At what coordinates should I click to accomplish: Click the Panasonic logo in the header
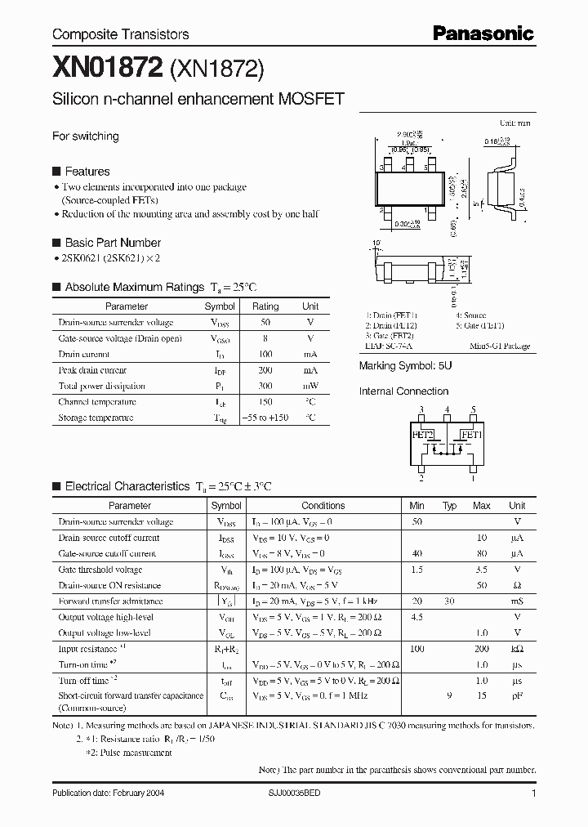coord(483,34)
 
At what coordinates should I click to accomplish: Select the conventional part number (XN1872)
coord(216,70)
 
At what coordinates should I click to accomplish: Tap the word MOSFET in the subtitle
coord(311,99)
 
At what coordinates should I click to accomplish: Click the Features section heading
coord(87,172)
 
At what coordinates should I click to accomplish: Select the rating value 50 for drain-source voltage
coord(265,323)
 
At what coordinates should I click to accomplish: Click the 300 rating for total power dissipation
coord(265,386)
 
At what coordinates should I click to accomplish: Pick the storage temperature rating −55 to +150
coord(265,418)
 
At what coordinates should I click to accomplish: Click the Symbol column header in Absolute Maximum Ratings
coord(220,306)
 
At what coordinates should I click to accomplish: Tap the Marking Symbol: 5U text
coord(405,366)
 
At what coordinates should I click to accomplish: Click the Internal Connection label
coord(403,391)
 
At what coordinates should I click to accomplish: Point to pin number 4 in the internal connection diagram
coord(447,409)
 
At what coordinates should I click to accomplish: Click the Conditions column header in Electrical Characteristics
coord(323,506)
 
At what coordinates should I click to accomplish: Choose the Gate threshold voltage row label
coord(100,570)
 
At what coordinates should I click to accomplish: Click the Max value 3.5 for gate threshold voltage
coord(481,570)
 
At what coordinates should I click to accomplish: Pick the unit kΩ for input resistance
coord(517,649)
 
